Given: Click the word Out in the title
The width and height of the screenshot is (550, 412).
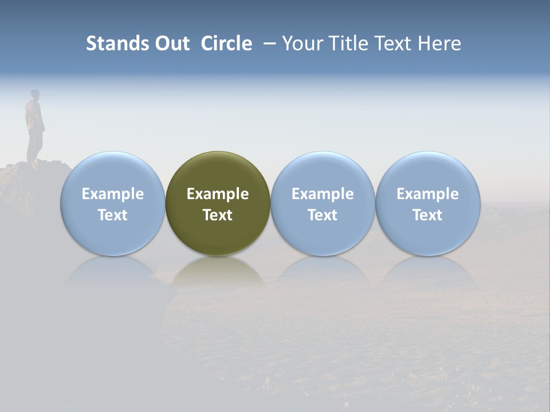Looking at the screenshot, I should (171, 43).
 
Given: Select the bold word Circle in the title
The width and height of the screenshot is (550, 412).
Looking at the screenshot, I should (226, 43).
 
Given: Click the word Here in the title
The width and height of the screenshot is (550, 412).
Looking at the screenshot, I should (439, 43).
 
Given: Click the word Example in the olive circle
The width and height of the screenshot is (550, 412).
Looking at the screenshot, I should (218, 194).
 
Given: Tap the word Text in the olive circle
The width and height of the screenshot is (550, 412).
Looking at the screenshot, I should (218, 215).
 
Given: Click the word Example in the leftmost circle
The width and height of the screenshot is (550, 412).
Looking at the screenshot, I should (113, 194).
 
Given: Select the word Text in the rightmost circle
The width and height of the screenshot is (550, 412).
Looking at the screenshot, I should (427, 215).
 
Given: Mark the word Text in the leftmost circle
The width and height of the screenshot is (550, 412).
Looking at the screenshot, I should (113, 215).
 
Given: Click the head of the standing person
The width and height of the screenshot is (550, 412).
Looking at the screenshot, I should (35, 94).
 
